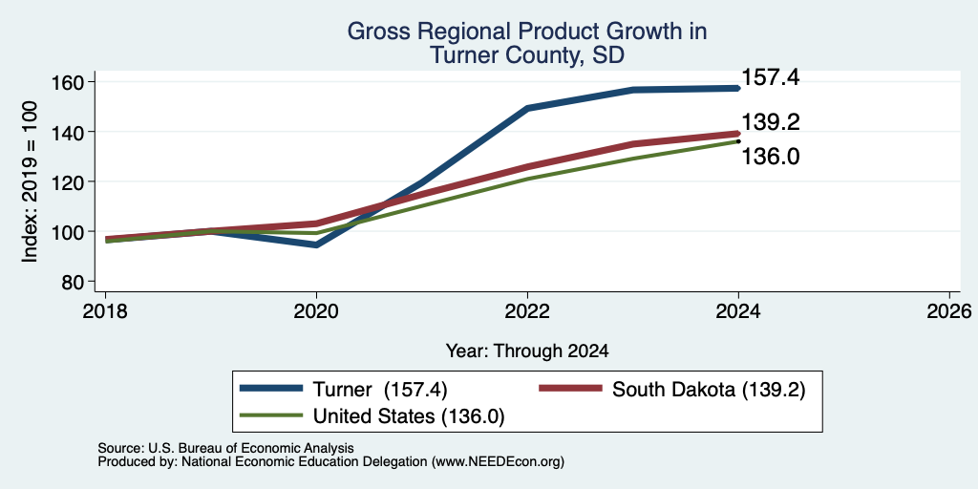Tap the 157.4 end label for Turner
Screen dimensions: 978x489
771,78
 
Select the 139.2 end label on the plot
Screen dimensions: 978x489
771,122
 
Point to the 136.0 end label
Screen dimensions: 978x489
771,157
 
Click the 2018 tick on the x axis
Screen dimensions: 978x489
106,310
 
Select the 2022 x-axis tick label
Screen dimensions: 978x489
527,310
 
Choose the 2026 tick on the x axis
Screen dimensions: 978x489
950,310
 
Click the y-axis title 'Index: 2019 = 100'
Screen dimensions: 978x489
30,181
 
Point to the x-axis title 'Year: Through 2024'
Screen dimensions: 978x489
527,351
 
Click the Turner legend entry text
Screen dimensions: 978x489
380,390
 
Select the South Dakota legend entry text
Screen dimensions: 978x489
710,390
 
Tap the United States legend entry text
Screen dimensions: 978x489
409,416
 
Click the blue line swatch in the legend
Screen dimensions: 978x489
272,390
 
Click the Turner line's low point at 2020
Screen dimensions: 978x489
317,244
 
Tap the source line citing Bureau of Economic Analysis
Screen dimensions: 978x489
226,449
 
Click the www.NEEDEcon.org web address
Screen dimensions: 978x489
496,462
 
